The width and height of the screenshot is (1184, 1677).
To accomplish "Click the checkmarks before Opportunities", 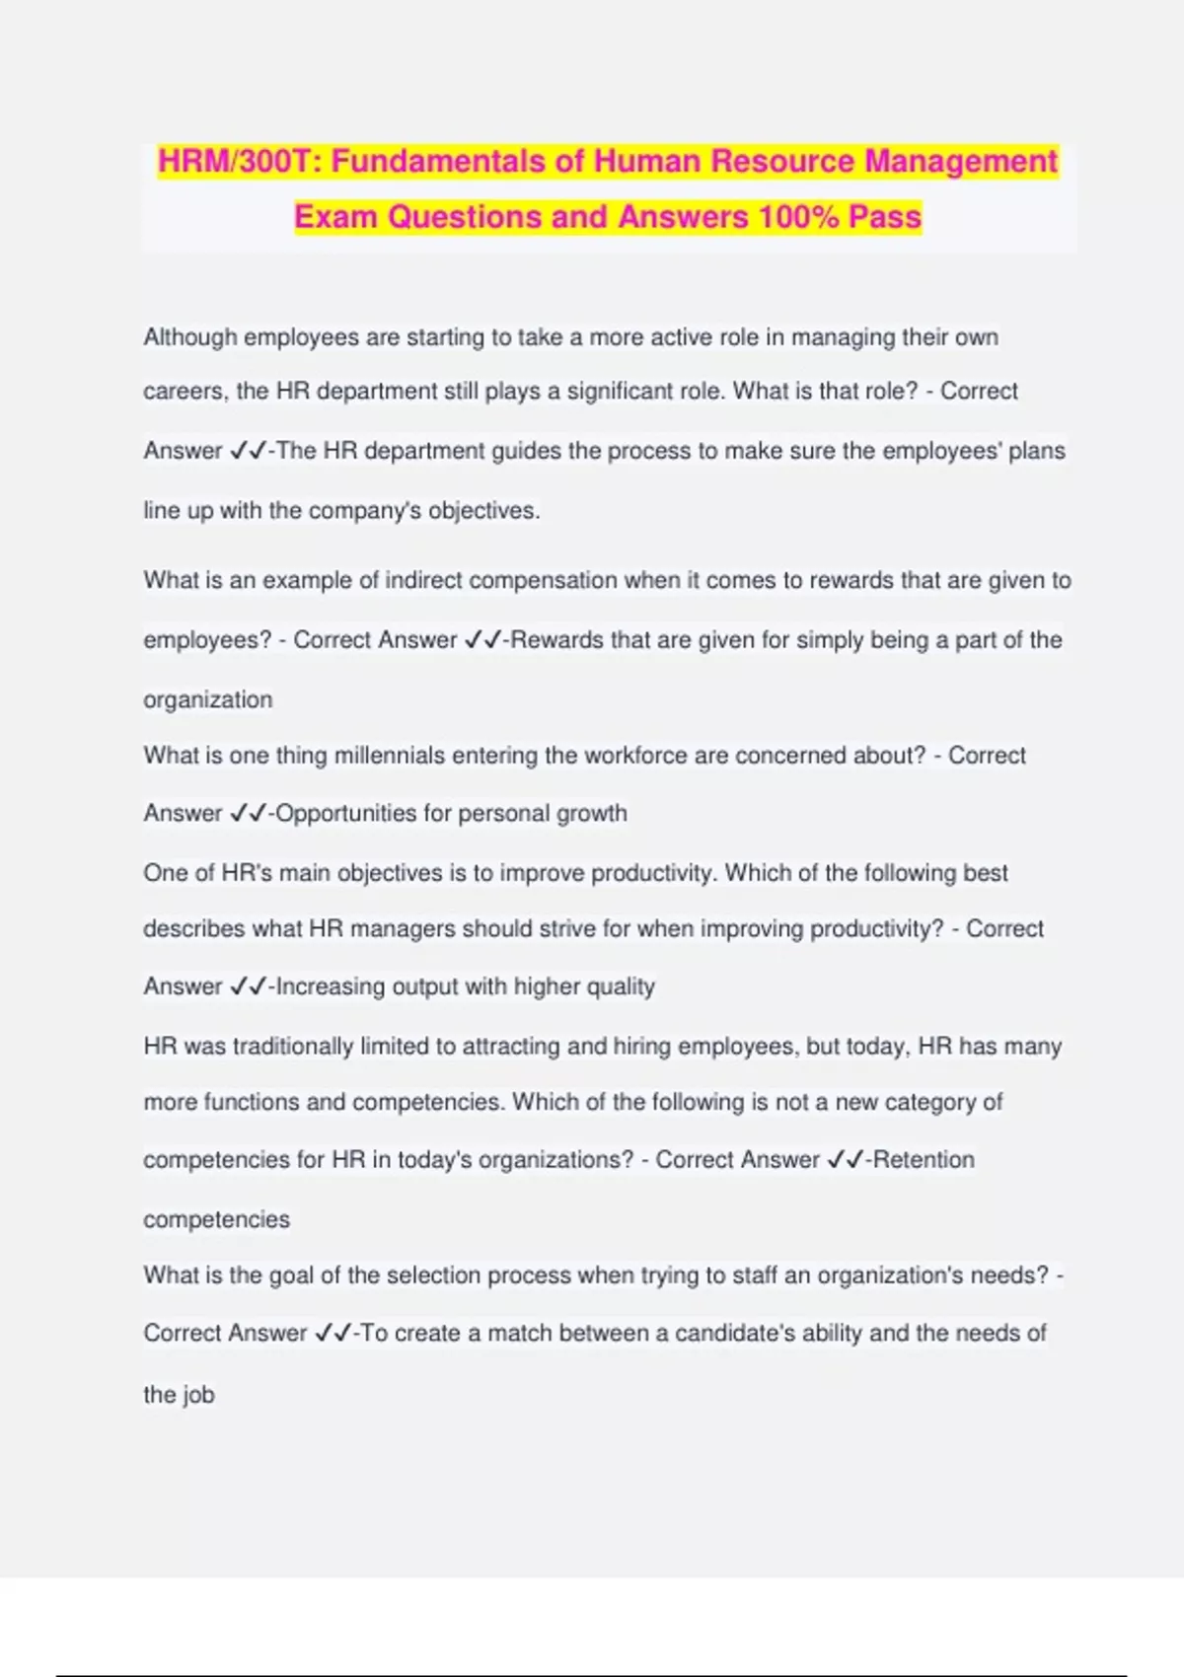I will click(x=248, y=814).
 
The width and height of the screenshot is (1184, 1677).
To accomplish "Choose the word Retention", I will click(x=924, y=1160).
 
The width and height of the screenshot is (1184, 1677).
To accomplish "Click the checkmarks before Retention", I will click(x=846, y=1160).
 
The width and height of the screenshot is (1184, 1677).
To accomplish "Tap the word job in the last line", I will click(x=198, y=1395).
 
